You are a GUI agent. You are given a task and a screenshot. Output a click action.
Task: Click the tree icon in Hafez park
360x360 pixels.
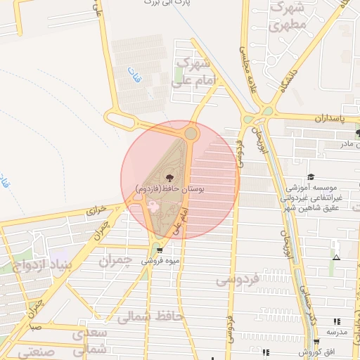169,177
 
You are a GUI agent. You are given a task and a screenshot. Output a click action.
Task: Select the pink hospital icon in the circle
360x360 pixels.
151,206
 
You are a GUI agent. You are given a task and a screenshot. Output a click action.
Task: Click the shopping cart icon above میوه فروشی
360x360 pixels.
160,250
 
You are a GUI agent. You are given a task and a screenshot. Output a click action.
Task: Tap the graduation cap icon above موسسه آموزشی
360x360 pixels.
311,177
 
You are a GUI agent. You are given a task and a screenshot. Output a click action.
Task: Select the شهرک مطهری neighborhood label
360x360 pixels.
288,18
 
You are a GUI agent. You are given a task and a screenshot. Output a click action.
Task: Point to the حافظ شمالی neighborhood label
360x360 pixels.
152,317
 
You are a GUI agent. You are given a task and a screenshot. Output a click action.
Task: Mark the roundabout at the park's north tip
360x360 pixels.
191,133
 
